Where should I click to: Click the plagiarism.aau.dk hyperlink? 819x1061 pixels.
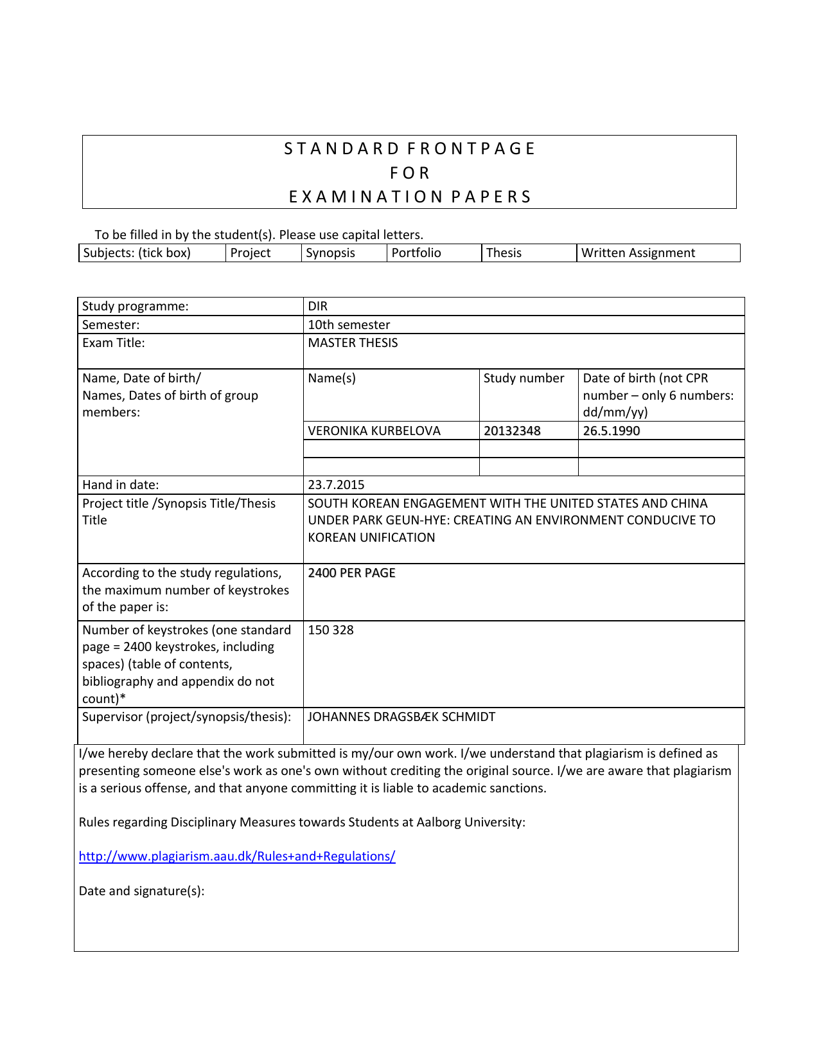click(237, 856)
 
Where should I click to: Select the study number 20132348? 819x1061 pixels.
click(512, 431)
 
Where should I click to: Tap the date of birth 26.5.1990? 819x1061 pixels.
click(611, 431)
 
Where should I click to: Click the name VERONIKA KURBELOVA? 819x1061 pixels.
click(374, 431)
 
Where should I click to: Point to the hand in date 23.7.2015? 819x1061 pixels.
click(336, 485)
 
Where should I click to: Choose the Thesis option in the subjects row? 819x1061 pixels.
click(504, 253)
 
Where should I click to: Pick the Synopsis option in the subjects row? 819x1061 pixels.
click(330, 253)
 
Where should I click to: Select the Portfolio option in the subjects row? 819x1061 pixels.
click(416, 253)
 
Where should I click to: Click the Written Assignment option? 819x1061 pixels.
click(638, 253)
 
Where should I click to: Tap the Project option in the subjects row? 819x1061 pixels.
click(251, 253)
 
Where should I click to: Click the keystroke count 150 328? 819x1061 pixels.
click(331, 630)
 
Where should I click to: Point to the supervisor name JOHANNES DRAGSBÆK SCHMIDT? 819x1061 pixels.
click(401, 717)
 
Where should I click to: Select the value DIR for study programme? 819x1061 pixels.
click(318, 306)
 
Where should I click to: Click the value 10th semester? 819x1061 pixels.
click(349, 325)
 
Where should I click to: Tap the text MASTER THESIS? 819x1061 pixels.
click(353, 343)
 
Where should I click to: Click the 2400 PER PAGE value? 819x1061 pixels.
click(351, 573)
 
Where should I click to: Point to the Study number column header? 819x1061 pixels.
click(524, 378)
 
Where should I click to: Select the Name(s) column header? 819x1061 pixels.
click(331, 378)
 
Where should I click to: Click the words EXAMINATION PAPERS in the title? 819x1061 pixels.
click(410, 197)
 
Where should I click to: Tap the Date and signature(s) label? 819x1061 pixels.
click(141, 891)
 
